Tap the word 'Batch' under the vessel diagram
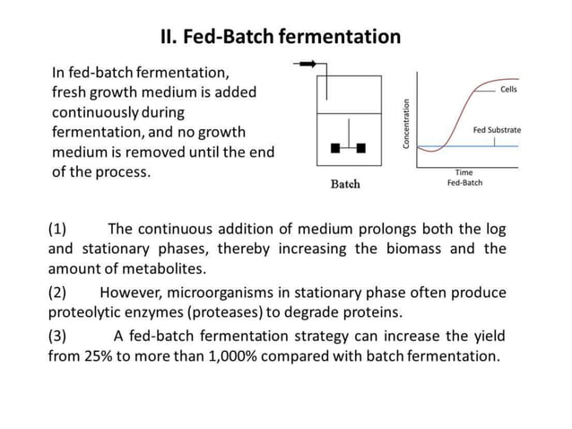pyautogui.click(x=345, y=184)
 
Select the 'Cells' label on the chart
pyautogui.click(x=508, y=90)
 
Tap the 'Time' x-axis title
pyautogui.click(x=464, y=171)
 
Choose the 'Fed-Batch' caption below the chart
pyautogui.click(x=464, y=182)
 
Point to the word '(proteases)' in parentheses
pyautogui.click(x=271, y=312)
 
